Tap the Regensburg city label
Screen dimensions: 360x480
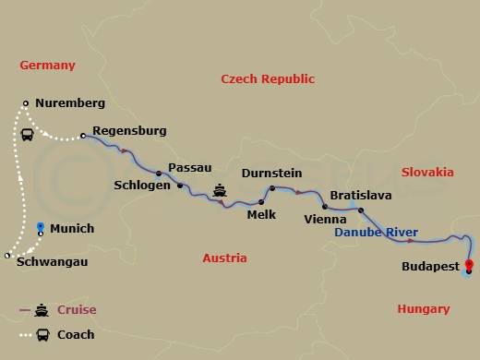pyautogui.click(x=130, y=131)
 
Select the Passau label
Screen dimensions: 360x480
pyautogui.click(x=191, y=167)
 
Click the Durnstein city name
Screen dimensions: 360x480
pyautogui.click(x=271, y=172)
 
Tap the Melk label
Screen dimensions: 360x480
pyautogui.click(x=261, y=214)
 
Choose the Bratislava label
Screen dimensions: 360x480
pyautogui.click(x=361, y=196)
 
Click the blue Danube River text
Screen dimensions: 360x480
pyautogui.click(x=376, y=233)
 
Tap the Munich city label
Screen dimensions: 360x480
pyautogui.click(x=72, y=228)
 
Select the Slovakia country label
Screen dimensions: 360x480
pyautogui.click(x=427, y=172)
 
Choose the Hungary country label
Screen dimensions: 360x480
pyautogui.click(x=423, y=309)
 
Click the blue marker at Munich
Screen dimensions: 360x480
pyautogui.click(x=40, y=226)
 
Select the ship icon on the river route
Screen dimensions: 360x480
pyautogui.click(x=220, y=191)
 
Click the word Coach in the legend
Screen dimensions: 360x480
pyautogui.click(x=76, y=335)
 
